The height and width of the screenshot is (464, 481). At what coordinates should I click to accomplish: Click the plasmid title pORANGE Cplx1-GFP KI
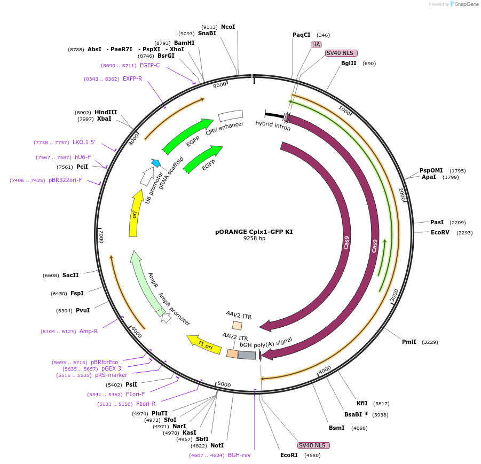pos(254,232)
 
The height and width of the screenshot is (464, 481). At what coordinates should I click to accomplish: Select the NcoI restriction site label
pos(228,27)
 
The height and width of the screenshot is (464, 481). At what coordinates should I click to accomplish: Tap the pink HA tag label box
pos(316,44)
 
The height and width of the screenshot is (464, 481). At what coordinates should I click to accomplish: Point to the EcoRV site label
pos(441,232)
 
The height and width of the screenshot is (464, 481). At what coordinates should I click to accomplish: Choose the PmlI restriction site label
pos(409,342)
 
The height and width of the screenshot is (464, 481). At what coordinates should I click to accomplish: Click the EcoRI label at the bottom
pos(289,455)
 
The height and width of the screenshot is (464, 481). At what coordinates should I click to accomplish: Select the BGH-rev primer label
pos(239,455)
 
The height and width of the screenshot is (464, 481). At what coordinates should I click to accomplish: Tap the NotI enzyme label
pos(217,445)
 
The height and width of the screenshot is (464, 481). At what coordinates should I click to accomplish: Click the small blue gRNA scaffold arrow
pos(156,162)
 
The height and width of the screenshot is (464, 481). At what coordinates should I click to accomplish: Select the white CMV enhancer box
pos(231,115)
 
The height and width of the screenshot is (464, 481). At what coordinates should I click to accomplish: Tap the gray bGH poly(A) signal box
pos(247,355)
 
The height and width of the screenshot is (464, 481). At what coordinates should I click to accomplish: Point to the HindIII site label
pos(105,112)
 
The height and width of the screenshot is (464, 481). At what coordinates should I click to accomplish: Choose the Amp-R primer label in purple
pos(89,331)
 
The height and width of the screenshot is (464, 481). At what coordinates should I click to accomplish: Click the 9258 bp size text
pos(254,239)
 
